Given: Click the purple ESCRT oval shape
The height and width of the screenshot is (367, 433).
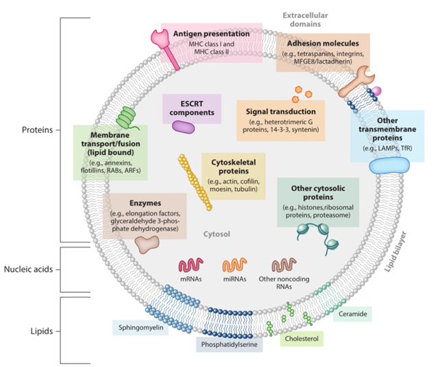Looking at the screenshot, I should pos(184,126).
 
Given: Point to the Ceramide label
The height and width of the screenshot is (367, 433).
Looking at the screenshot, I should pos(353,315).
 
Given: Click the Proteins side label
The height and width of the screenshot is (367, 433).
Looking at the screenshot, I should pos(36,129).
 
